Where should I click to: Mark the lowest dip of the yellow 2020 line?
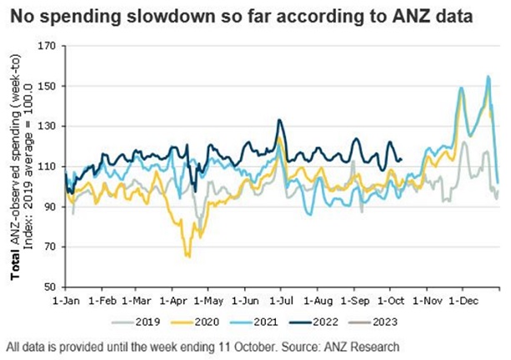pos(188,256)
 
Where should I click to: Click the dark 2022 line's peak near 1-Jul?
pos(280,120)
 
